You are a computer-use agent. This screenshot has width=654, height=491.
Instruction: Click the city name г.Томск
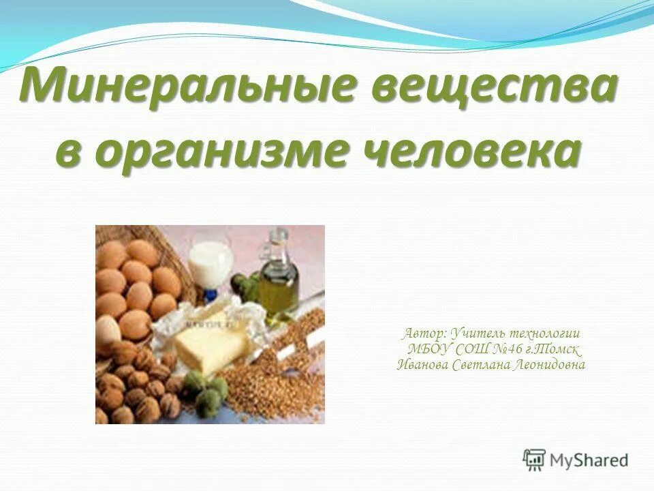pyautogui.click(x=554, y=349)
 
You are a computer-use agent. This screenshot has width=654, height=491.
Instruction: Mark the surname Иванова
pyautogui.click(x=424, y=365)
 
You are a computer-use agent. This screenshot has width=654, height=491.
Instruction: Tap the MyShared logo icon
pyautogui.click(x=535, y=460)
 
